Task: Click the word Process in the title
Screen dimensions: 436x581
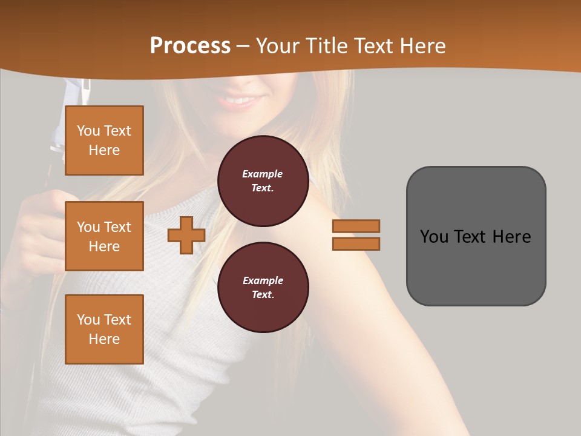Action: click(190, 46)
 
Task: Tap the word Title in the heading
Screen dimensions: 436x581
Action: click(327, 46)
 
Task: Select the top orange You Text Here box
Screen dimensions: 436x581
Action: click(104, 140)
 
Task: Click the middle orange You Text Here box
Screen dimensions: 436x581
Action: click(104, 236)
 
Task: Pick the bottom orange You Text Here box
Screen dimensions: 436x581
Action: click(104, 329)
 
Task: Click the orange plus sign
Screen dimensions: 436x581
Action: click(186, 235)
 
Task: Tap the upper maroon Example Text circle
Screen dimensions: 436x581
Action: click(263, 180)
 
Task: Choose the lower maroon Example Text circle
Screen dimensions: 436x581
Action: click(263, 287)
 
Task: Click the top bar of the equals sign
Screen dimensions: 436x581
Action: click(356, 226)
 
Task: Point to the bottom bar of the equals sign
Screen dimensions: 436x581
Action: click(356, 243)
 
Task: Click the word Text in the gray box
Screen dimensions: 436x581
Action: click(470, 237)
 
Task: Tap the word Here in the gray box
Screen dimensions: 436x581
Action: click(511, 237)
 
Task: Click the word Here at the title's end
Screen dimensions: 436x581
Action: click(423, 46)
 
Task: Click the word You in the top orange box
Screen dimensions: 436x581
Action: click(88, 131)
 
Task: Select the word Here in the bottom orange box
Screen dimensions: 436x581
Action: click(104, 339)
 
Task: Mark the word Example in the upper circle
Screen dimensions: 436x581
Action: click(263, 174)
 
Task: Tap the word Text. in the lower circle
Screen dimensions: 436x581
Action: click(263, 294)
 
